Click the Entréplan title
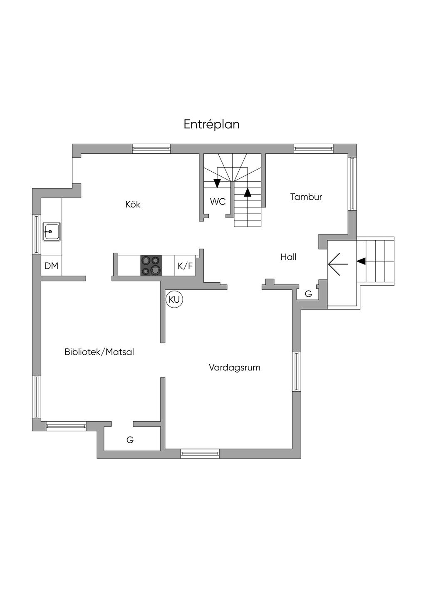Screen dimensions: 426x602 coord(212,125)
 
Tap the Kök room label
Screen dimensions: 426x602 coord(133,204)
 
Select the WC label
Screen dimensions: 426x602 coord(218,201)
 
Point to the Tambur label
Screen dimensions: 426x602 coord(306,197)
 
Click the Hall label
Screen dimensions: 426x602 coord(288,257)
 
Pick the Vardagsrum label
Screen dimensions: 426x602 coord(235,368)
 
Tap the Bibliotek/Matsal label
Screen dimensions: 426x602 coord(99,352)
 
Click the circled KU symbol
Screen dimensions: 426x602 coord(175,299)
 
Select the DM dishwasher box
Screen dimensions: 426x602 coord(51,266)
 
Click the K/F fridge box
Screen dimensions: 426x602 coord(185,266)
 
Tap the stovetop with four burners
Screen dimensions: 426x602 coord(151,266)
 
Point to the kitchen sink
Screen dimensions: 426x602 coord(52,232)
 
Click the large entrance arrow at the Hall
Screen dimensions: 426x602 coord(338,264)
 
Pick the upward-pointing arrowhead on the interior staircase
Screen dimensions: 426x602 coord(248,192)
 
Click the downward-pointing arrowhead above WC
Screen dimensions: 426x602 coord(217,183)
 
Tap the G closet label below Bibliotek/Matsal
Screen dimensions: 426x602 coord(130,440)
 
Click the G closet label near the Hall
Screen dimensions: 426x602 coord(308,294)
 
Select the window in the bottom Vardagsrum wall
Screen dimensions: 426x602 coord(200,454)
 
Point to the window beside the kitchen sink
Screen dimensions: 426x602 coord(37,234)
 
